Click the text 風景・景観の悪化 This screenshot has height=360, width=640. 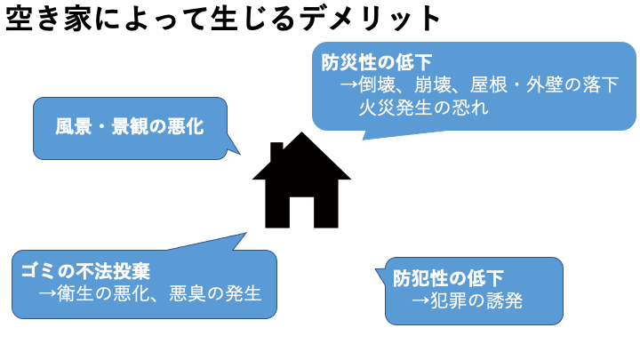pos(130,128)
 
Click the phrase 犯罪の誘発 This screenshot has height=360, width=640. pos(478,301)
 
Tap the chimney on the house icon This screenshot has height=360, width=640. pos(276,149)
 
